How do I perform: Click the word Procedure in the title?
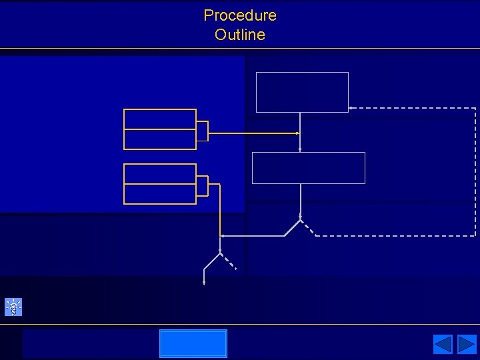point(240,15)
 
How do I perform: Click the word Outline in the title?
point(240,35)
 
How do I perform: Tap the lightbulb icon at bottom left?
point(13,307)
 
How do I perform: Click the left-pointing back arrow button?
point(443,344)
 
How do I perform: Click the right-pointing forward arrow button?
point(467,344)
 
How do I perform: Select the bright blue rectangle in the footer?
point(193,343)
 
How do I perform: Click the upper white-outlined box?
point(302,92)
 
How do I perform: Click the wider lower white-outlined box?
point(308,167)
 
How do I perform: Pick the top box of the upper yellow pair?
point(160,119)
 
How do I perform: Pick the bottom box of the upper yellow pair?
point(160,139)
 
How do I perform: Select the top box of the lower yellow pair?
point(160,173)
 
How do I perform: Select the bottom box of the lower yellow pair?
point(160,194)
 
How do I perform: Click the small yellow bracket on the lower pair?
point(203,186)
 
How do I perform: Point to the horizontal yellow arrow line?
point(253,133)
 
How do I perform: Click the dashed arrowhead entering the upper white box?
point(351,108)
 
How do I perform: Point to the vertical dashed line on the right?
point(475,172)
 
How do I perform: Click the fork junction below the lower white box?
point(301,220)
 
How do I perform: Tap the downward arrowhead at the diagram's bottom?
point(204,283)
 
